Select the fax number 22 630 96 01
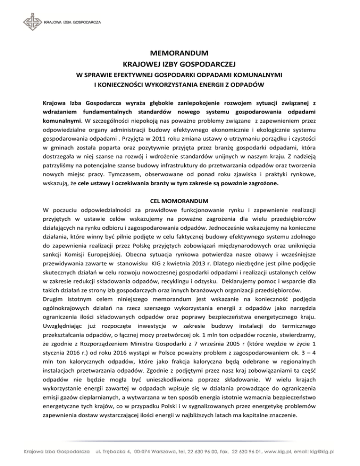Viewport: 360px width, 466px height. pyautogui.click(x=244, y=452)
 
